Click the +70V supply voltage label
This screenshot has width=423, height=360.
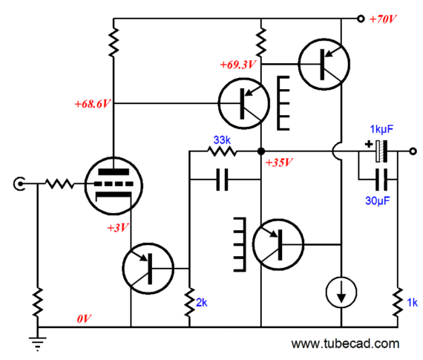(x=383, y=19)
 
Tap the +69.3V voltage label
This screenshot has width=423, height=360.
(x=237, y=65)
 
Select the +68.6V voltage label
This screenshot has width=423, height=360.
(x=93, y=104)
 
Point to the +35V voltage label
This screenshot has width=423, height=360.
(x=279, y=163)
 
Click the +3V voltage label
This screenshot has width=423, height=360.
(x=118, y=228)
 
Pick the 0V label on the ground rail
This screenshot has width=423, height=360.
(x=84, y=319)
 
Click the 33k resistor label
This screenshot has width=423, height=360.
(x=222, y=140)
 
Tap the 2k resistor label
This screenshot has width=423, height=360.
(x=202, y=303)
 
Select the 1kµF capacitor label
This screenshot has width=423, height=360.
(x=381, y=129)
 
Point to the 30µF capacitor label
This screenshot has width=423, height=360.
(x=378, y=200)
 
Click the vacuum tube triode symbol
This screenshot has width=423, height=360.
(x=114, y=186)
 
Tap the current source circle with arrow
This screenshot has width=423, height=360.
(x=341, y=292)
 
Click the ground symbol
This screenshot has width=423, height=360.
(x=38, y=344)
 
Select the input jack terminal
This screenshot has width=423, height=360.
(x=19, y=184)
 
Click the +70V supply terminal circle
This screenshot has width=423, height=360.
(x=361, y=19)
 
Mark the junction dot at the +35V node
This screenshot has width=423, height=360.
(x=261, y=151)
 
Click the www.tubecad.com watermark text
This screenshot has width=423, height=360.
(x=345, y=344)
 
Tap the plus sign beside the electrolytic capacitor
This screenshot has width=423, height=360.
(x=369, y=144)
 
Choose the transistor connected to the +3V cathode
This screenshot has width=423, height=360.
(x=148, y=269)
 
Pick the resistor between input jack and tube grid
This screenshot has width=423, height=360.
(x=59, y=184)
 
